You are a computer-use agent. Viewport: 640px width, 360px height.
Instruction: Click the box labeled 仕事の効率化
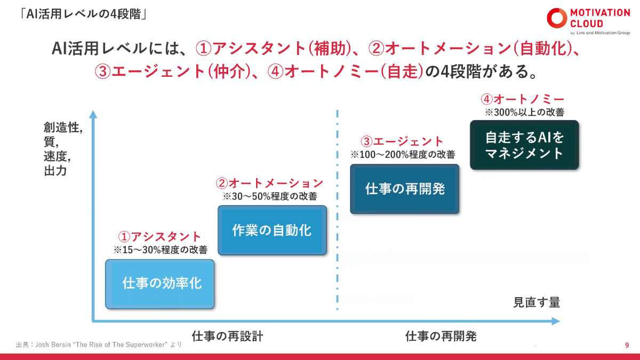tap(160, 284)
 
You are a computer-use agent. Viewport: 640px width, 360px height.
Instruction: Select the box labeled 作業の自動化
tap(272, 230)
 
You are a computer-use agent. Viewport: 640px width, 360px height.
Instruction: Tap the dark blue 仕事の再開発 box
tap(405, 189)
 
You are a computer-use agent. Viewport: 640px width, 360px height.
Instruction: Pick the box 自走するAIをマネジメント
tap(524, 145)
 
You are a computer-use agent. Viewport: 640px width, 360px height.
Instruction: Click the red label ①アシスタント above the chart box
tap(159, 237)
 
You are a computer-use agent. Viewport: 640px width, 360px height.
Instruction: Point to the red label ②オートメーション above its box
tap(269, 183)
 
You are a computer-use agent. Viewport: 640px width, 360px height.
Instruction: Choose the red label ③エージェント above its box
tap(402, 142)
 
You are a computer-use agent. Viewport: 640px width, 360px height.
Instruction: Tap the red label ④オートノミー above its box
tap(522, 100)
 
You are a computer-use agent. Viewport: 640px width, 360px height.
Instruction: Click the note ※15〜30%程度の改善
tap(160, 250)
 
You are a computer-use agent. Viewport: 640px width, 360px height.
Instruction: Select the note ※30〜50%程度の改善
tap(270, 196)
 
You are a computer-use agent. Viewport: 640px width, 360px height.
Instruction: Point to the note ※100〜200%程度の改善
tap(403, 155)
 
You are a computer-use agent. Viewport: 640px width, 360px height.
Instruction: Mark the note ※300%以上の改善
tap(524, 113)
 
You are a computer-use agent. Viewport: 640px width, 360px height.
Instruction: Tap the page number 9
tap(627, 345)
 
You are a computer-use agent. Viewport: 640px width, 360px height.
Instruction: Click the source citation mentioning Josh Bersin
tap(99, 345)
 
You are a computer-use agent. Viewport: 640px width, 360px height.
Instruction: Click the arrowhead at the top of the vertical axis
tap(93, 114)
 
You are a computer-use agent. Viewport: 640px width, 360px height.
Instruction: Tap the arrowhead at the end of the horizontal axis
tap(556, 321)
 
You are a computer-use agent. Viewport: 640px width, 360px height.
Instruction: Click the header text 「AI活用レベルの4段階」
tap(82, 14)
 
